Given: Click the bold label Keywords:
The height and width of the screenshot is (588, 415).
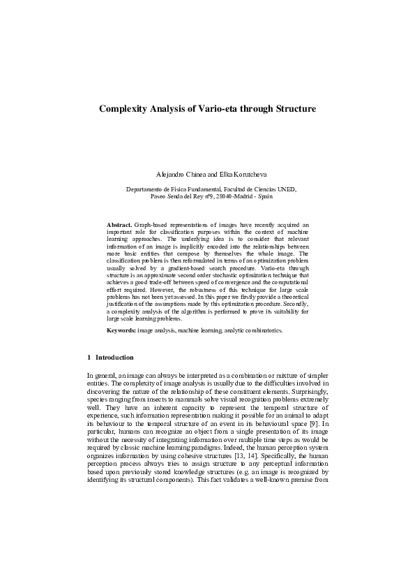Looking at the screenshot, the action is [x=121, y=330].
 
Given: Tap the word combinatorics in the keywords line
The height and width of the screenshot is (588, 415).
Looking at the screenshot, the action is [x=263, y=330].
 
